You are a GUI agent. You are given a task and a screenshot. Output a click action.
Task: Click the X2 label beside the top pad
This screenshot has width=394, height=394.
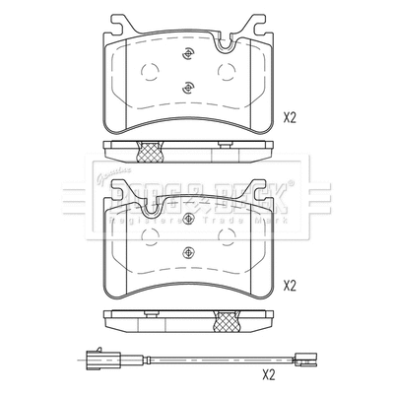tap(290, 117)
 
